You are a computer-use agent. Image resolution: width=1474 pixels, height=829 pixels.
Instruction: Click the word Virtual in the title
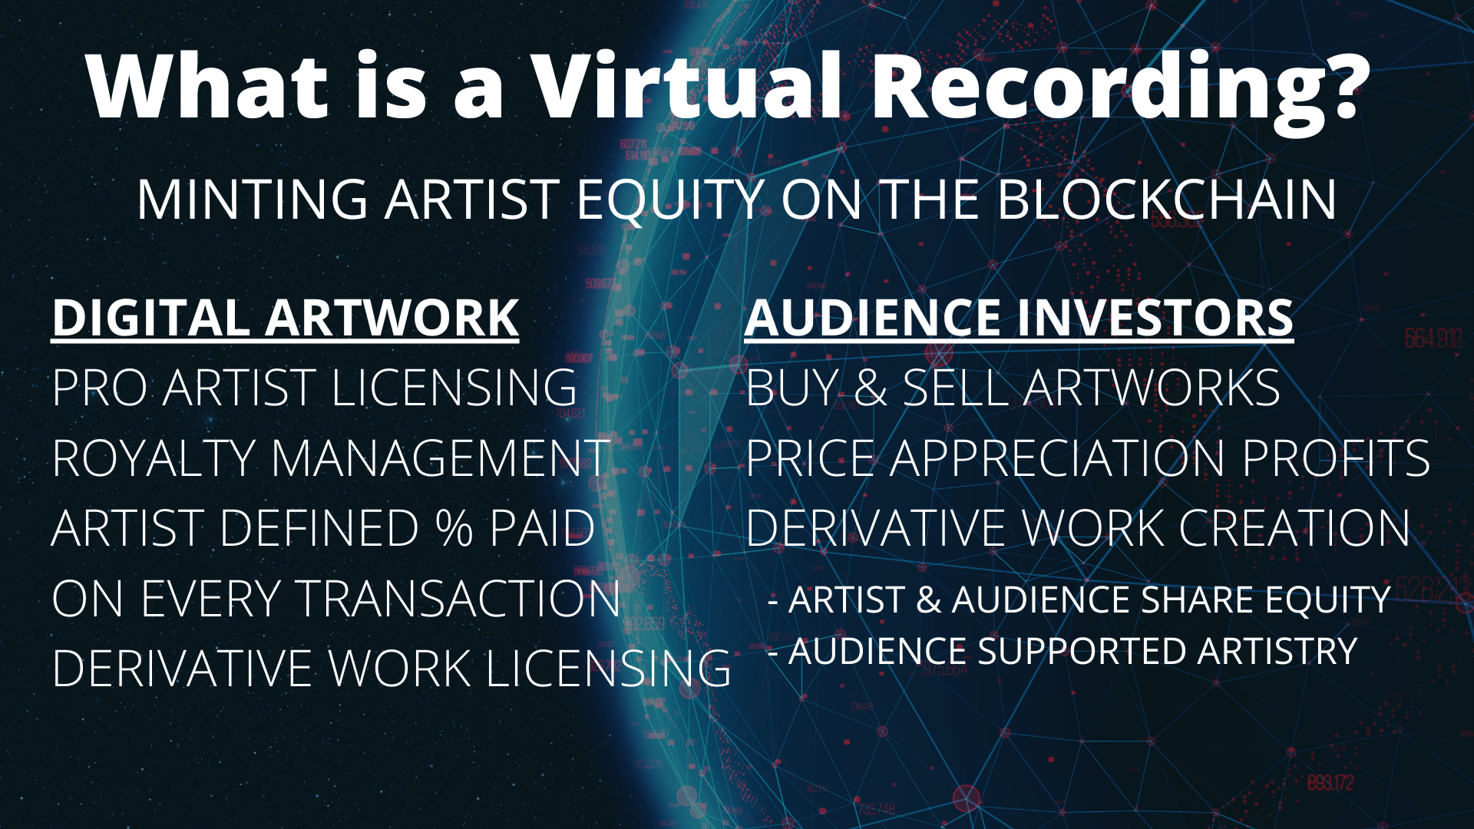[x=687, y=86]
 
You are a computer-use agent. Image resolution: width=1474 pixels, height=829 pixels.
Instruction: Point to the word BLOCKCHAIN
[x=1167, y=200]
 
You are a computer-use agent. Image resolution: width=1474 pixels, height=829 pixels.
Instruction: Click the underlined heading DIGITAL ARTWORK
[x=286, y=318]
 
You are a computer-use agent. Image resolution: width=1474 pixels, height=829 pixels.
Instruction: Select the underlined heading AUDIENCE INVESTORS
[x=1019, y=318]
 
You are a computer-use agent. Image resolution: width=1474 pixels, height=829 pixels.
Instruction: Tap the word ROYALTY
[x=154, y=458]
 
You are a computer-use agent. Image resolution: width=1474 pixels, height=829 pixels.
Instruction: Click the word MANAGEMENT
[x=441, y=458]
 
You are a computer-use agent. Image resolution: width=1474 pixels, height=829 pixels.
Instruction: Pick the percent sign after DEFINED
[x=454, y=528]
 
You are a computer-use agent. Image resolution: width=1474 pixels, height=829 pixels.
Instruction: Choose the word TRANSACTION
[x=458, y=599]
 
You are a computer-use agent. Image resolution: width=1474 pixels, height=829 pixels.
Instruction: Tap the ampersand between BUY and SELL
[x=870, y=388]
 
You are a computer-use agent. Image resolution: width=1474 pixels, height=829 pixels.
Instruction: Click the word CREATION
[x=1294, y=528]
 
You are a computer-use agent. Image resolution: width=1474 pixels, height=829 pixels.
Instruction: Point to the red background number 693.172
[x=1330, y=783]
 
